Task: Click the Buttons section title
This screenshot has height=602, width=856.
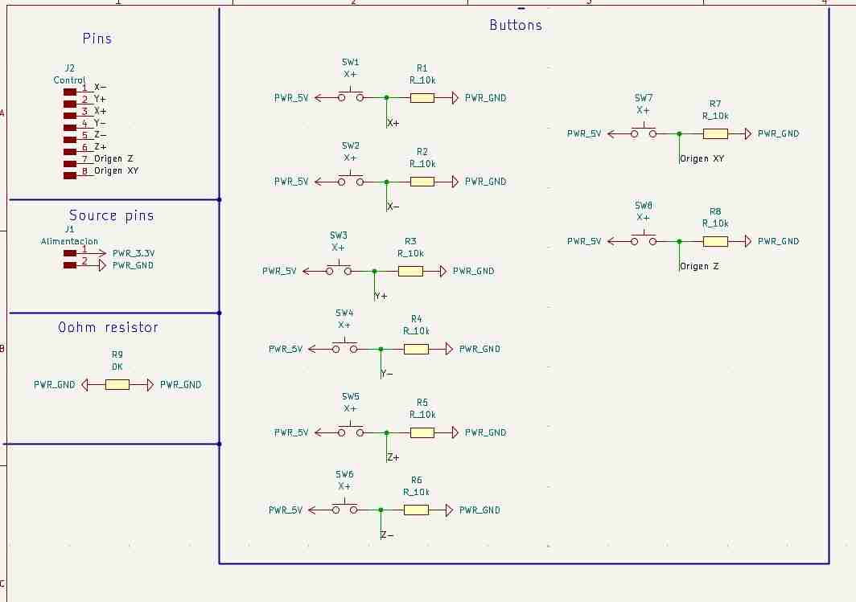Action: [x=516, y=25]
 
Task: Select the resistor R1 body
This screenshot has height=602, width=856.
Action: [x=422, y=98]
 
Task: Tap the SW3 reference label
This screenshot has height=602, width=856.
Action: [x=339, y=235]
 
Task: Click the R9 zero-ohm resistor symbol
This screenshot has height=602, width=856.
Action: [x=117, y=385]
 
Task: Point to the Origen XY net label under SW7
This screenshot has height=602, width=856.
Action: [x=702, y=158]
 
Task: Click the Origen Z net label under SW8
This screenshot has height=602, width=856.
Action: [x=699, y=266]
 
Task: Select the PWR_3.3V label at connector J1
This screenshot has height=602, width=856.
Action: [x=134, y=253]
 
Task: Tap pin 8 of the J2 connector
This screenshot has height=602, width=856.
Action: [x=70, y=175]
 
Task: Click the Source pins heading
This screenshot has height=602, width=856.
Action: [x=111, y=216]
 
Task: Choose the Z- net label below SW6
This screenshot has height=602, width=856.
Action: [x=387, y=535]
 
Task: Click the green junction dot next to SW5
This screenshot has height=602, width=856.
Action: [x=386, y=433]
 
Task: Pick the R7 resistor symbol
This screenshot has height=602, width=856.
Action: [x=715, y=133]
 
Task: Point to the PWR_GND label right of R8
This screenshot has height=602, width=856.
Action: [x=779, y=241]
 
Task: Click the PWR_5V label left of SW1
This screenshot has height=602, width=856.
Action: [x=291, y=98]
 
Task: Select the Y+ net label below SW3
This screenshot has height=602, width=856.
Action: [x=381, y=296]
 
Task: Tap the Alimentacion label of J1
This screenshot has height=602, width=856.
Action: [x=69, y=241]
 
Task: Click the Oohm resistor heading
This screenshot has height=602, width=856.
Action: [x=108, y=327]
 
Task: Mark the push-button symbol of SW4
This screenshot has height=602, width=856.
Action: [x=344, y=346]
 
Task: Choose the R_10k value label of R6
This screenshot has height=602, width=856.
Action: [x=417, y=492]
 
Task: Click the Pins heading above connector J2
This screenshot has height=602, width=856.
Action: [x=97, y=39]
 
